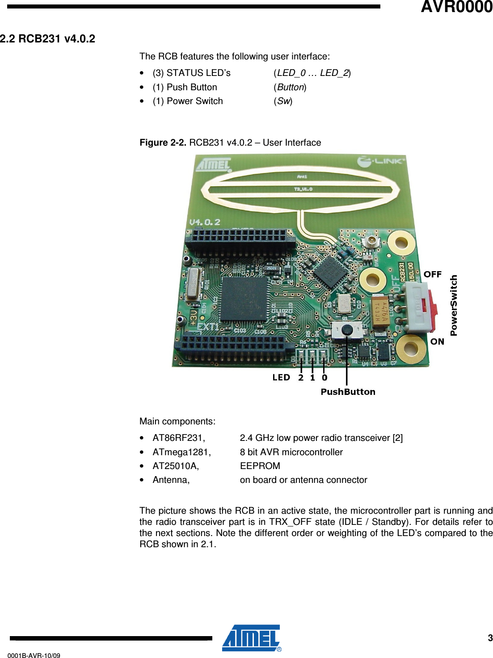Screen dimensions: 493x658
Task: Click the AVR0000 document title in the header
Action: [456, 7]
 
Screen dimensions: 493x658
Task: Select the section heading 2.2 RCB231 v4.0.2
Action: [47, 39]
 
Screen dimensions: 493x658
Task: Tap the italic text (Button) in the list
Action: [290, 87]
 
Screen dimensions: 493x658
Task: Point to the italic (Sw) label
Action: [283, 101]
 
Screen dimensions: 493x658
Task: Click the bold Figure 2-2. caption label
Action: [163, 142]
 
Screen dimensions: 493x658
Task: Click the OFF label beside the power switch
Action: [432, 274]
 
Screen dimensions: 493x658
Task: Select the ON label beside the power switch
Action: [437, 342]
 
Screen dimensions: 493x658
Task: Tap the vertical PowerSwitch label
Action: [454, 305]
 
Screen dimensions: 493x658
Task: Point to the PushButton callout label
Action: [348, 392]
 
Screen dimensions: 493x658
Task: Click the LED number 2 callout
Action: [301, 377]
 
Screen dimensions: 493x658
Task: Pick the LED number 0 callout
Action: [324, 377]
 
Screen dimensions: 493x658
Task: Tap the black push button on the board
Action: [347, 330]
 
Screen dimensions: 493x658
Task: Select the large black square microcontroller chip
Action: [244, 298]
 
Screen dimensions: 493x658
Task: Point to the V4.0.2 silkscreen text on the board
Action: [205, 222]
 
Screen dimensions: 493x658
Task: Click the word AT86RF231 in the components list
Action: [178, 438]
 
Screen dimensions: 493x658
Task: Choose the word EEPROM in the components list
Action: [260, 466]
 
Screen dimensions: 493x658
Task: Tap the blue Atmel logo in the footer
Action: [251, 638]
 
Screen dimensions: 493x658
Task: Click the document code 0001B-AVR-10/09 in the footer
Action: [34, 655]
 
